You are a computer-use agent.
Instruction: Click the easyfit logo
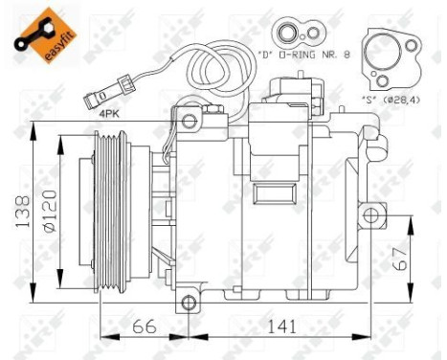42,34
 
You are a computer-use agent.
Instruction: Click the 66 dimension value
144,327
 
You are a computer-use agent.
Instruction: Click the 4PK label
112,115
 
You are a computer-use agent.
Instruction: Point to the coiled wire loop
215,67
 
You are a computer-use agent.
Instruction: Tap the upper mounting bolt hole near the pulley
190,120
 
